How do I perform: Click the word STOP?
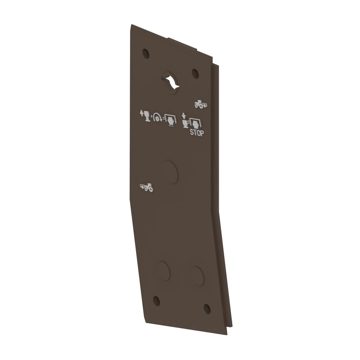197,133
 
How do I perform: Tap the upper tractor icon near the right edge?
201,104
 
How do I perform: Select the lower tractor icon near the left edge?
147,188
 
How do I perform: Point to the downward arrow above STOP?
184,115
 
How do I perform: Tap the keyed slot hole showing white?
171,83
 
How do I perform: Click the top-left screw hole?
146,54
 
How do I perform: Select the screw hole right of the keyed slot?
195,73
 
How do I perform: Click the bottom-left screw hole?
156,301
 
